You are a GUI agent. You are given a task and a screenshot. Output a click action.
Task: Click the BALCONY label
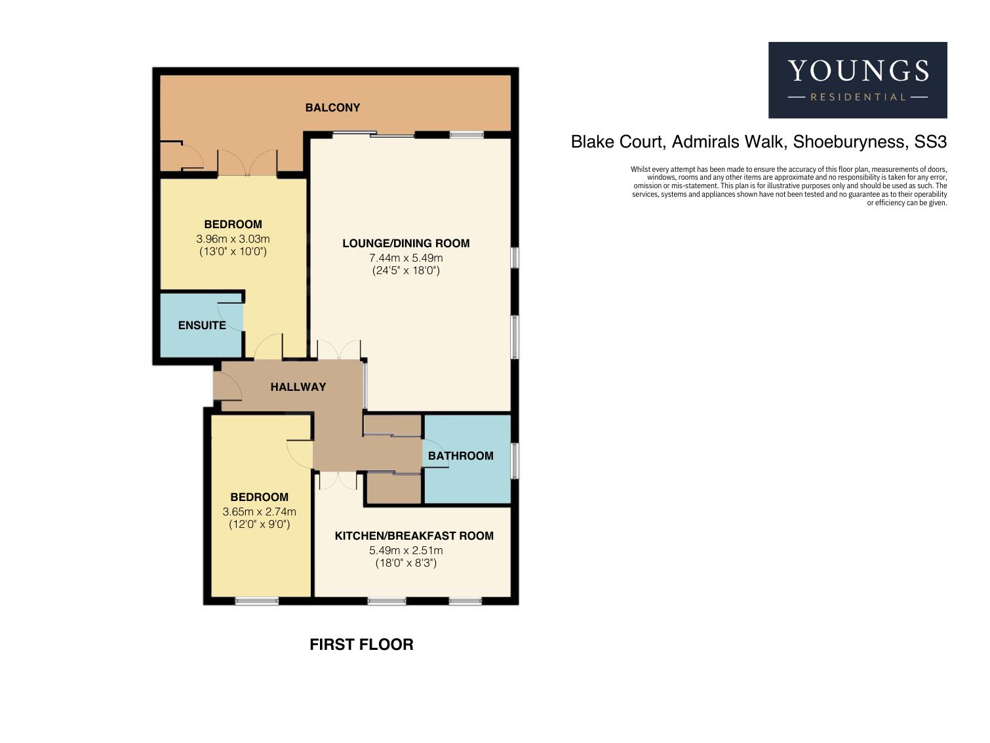332,108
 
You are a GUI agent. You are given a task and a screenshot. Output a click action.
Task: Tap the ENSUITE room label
202,325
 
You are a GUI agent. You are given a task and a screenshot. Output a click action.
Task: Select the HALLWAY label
298,387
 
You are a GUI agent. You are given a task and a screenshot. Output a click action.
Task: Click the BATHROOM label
460,456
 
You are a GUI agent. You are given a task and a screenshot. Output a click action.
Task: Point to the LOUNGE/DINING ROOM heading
406,243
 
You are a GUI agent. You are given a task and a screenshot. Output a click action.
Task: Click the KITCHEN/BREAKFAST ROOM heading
414,536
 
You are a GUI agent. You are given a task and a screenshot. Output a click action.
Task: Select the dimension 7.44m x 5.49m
406,258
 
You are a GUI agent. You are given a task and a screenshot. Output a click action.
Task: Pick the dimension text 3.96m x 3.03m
233,239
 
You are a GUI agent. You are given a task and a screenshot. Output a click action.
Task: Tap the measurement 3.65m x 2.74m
260,512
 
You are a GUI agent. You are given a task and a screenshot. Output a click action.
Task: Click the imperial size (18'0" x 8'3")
406,563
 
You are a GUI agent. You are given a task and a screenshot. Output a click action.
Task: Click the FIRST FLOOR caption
361,645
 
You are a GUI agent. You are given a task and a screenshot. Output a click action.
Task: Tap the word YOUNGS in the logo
858,71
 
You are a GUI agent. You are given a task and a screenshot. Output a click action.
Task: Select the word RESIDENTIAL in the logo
858,97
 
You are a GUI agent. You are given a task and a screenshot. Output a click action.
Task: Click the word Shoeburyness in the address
849,142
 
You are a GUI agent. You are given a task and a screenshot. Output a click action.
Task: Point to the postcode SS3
930,142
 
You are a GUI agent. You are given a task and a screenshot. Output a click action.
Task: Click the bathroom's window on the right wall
515,460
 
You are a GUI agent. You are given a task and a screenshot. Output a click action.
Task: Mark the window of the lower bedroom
256,601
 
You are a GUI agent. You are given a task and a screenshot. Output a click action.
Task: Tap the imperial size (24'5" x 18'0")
406,271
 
